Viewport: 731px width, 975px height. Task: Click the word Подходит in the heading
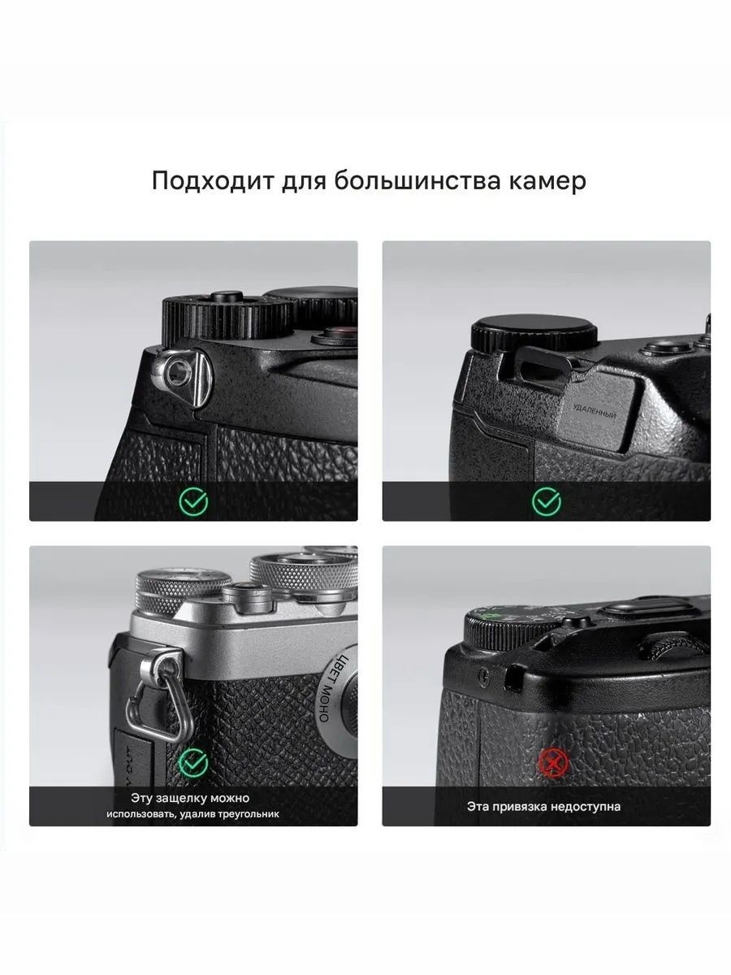click(x=213, y=181)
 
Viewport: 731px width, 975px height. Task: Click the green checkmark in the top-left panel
click(x=193, y=501)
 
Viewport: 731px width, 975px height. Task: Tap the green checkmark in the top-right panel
click(x=547, y=501)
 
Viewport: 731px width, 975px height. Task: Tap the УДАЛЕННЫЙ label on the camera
click(x=595, y=411)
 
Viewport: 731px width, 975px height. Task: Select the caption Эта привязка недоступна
click(x=543, y=807)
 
